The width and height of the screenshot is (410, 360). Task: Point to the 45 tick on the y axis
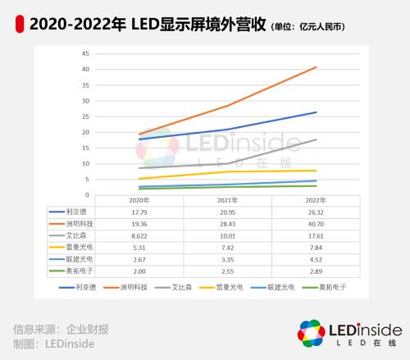tap(86, 53)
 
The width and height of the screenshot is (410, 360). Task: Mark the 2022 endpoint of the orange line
tap(317, 67)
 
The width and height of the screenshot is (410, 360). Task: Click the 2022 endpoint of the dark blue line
tap(317, 112)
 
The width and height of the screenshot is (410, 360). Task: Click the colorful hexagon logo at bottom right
tap(312, 335)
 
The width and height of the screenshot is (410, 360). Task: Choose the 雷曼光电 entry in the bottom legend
tap(235, 289)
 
